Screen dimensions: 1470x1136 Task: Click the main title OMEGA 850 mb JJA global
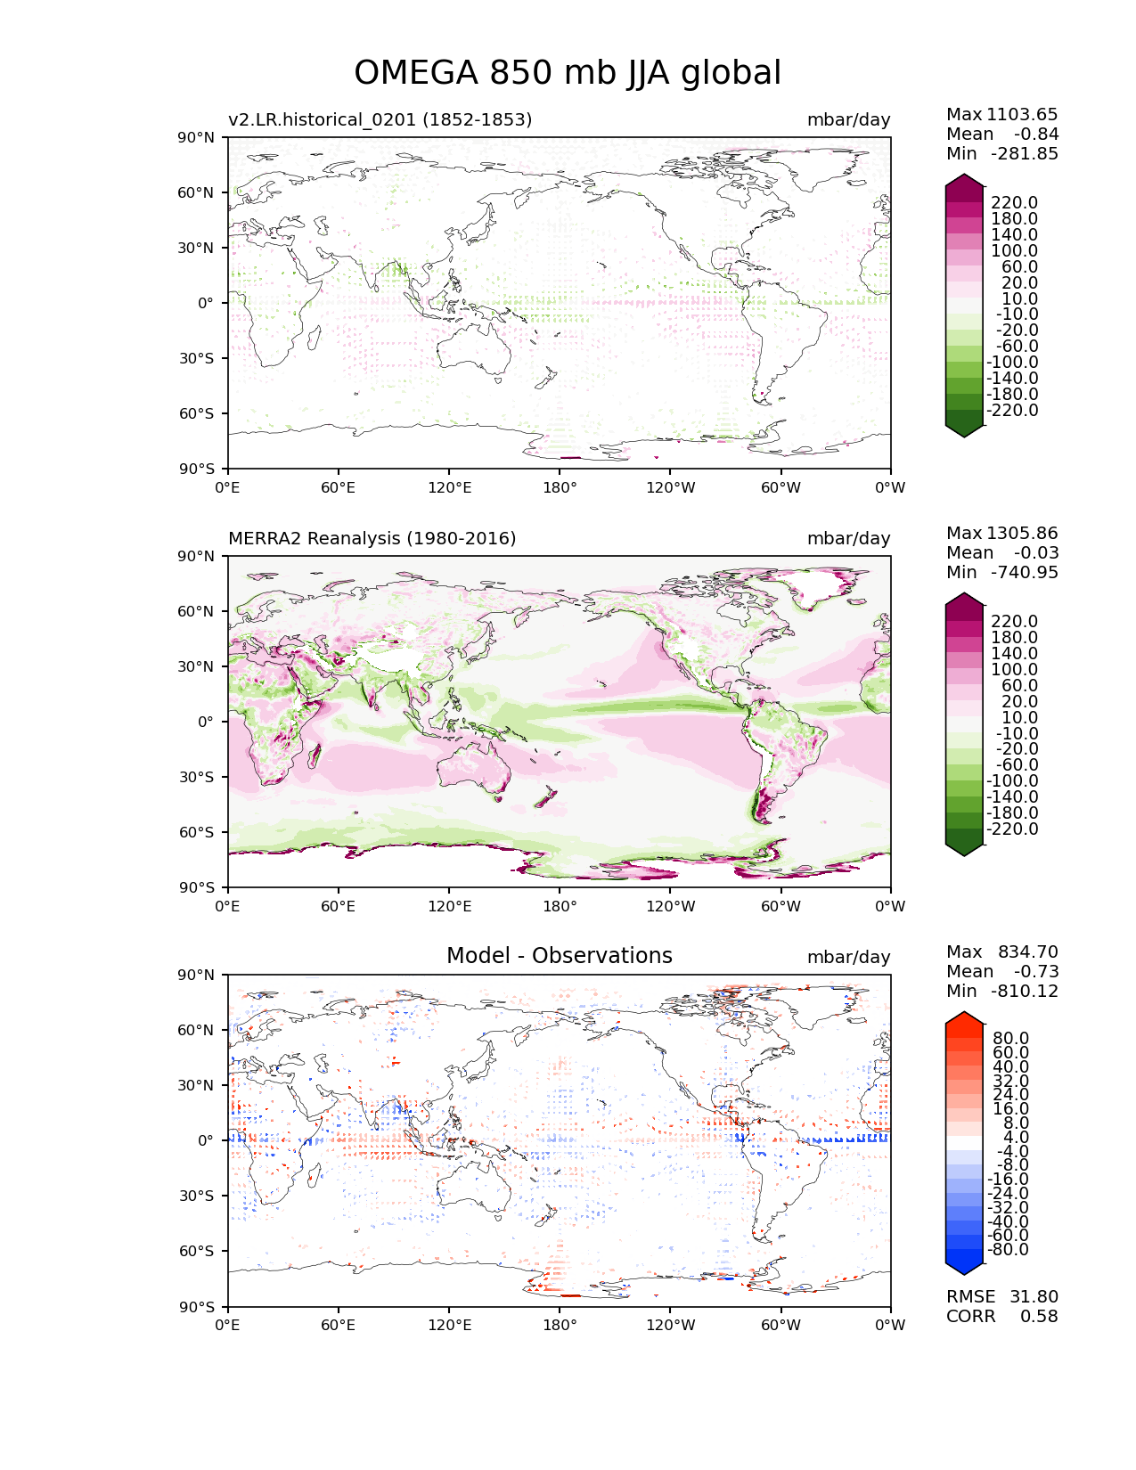pos(568,73)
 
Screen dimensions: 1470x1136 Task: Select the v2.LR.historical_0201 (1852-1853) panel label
pos(380,119)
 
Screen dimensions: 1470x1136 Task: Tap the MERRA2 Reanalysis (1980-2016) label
pos(372,538)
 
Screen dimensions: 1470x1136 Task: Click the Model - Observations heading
pos(559,956)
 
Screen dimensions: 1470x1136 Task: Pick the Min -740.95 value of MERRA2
pos(1024,572)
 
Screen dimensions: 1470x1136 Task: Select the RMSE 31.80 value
pos(1034,1296)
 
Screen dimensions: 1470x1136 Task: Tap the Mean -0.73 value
pos(1035,971)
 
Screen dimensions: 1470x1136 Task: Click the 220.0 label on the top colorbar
pos(1014,203)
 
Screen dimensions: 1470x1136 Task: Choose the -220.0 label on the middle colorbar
pos(1012,829)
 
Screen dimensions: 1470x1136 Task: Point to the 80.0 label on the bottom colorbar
pos(1010,1038)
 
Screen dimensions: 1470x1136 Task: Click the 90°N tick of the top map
pos(198,137)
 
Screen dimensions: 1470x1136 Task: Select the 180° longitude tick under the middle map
pos(560,906)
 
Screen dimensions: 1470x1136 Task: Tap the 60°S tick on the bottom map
pos(198,1251)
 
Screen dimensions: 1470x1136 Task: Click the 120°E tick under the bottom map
pos(449,1325)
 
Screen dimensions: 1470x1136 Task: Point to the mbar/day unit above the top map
pos(848,119)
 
